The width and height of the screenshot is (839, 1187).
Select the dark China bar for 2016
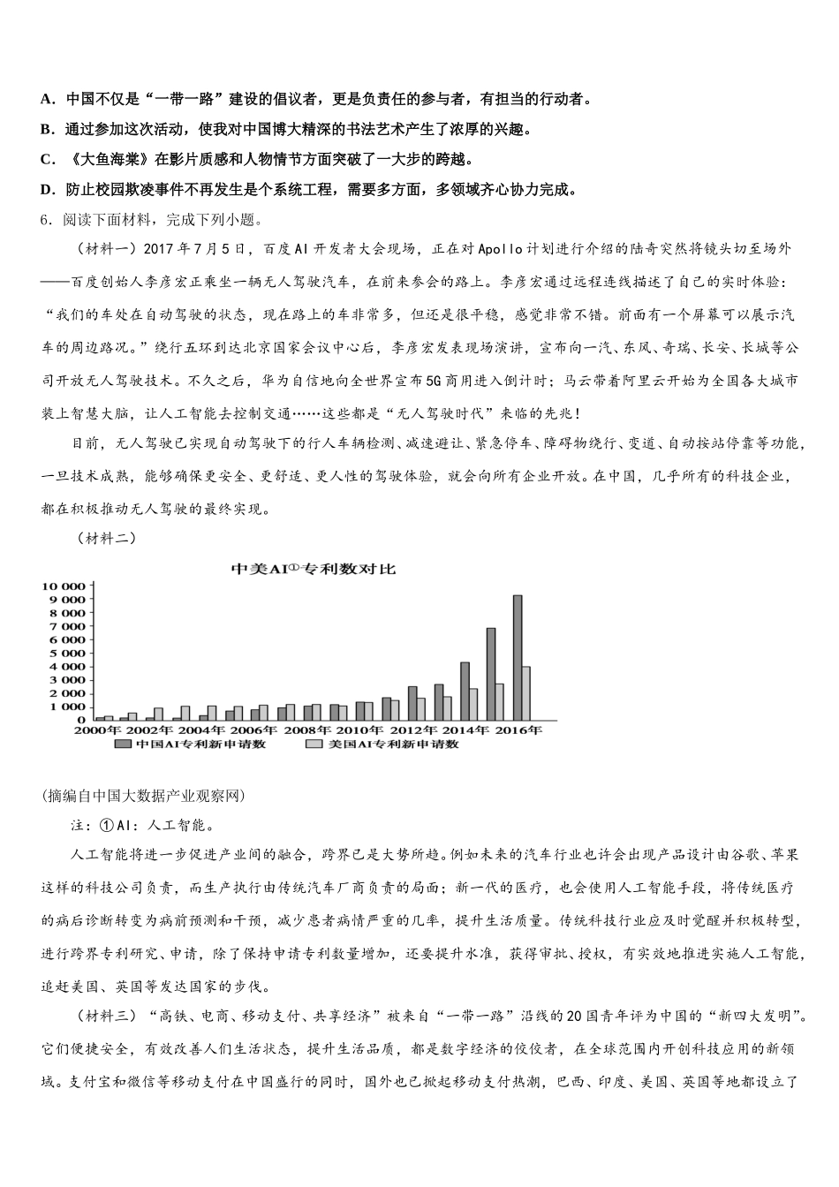pyautogui.click(x=517, y=657)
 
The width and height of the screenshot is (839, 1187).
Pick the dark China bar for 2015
pyautogui.click(x=490, y=674)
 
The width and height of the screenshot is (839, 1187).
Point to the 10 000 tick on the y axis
pyautogui.click(x=63, y=586)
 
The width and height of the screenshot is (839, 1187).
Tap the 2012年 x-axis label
pyautogui.click(x=412, y=730)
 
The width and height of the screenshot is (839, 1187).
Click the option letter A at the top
pyautogui.click(x=47, y=99)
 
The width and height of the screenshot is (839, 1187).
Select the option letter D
pyautogui.click(x=47, y=189)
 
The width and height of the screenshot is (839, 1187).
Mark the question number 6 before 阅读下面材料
pyautogui.click(x=45, y=219)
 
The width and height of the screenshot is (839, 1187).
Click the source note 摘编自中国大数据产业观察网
pyautogui.click(x=143, y=796)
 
